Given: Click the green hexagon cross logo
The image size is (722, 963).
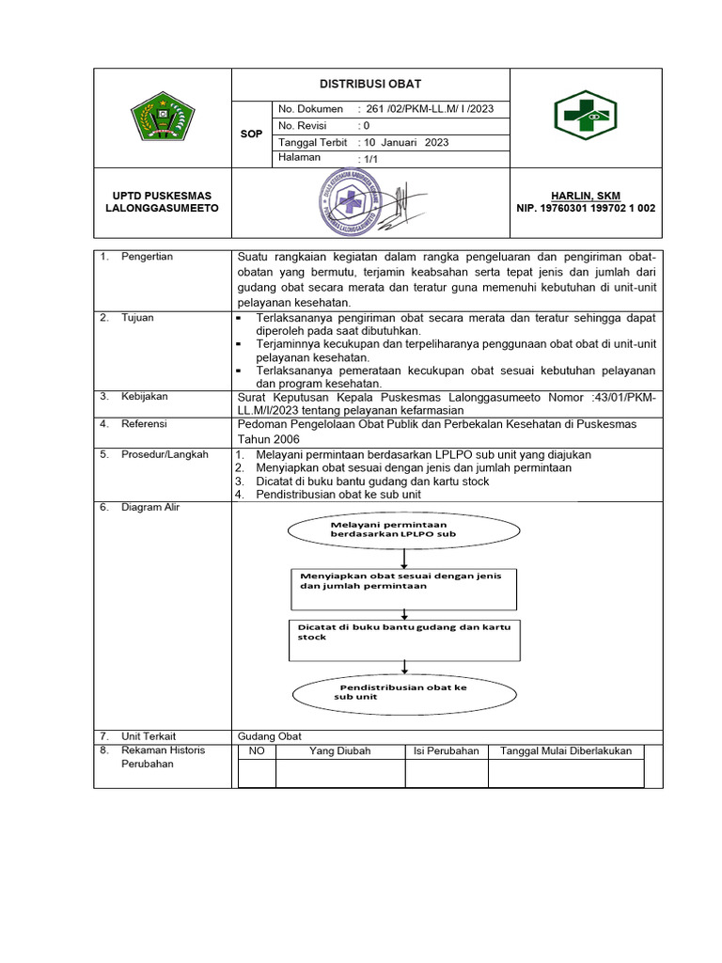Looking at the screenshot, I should [585, 117].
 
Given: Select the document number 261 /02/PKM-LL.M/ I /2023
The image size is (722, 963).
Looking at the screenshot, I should [425, 109].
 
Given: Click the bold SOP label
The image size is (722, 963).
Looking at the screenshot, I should [251, 134].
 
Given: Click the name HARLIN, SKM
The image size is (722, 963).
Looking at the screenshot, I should [586, 196].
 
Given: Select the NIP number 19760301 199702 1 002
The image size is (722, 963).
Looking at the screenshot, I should [586, 208].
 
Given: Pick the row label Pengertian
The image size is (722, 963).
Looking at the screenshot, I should [147, 257].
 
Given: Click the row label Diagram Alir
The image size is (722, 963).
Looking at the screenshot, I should [150, 508].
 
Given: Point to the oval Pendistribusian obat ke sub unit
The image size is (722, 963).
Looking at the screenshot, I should [404, 693].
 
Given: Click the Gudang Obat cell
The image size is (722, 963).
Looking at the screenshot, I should [270, 736].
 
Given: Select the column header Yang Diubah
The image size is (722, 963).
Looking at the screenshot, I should [339, 751].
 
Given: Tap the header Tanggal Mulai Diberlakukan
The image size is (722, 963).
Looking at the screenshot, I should [565, 751].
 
